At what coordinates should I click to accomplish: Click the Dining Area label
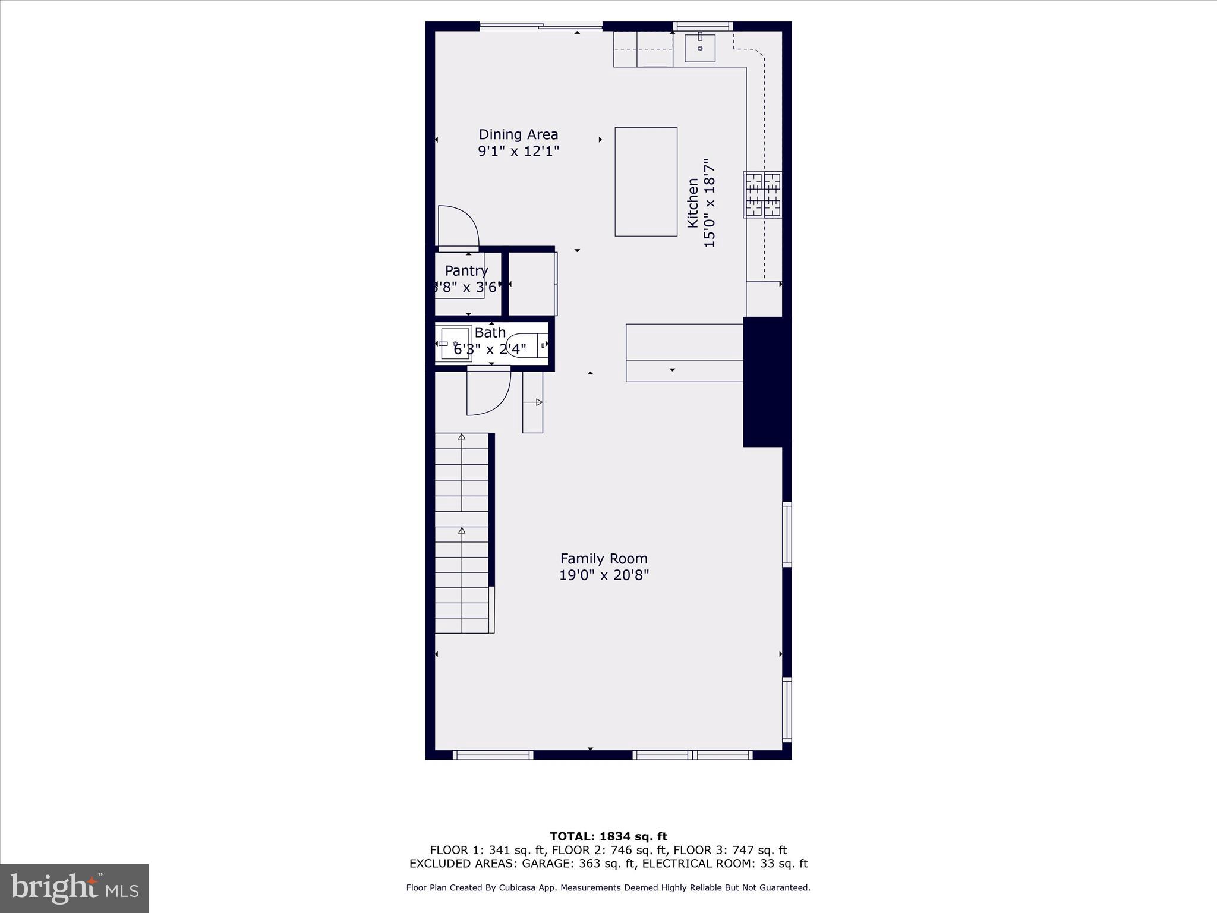click(518, 135)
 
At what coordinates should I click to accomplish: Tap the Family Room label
click(604, 559)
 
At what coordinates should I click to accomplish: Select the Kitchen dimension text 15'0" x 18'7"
click(710, 203)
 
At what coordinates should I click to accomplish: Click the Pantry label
click(466, 271)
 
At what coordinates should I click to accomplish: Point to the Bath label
click(490, 333)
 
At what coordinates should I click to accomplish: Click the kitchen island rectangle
click(646, 181)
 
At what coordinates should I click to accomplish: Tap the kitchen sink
click(700, 48)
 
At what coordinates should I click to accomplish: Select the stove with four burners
click(763, 194)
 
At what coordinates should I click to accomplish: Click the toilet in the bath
click(525, 345)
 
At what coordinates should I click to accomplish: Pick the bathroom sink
click(455, 344)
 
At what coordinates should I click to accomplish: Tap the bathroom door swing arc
click(490, 392)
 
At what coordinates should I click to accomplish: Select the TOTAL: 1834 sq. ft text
click(608, 836)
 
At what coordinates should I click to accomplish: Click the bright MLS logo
click(74, 888)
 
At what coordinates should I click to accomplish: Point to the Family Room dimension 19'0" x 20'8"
click(604, 575)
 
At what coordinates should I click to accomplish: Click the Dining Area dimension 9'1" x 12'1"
click(518, 151)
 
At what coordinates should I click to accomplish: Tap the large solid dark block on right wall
click(767, 382)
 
